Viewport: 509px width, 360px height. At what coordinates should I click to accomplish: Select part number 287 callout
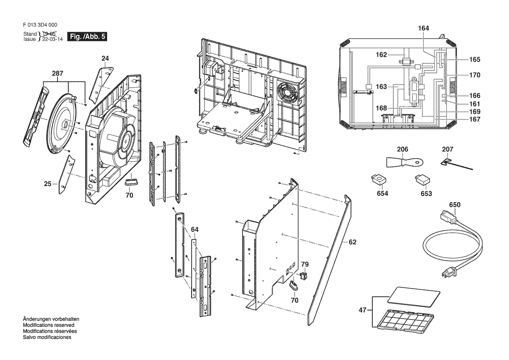coord(57,74)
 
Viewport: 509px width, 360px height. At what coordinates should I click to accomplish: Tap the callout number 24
coord(105,58)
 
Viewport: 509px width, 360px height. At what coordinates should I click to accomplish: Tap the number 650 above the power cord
coord(455,204)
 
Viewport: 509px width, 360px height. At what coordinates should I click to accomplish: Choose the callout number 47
coord(362,311)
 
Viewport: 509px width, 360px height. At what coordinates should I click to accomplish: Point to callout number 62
coord(352,242)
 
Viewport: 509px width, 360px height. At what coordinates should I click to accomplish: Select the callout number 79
coord(305,264)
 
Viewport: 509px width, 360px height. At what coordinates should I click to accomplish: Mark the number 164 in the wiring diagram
coord(424,28)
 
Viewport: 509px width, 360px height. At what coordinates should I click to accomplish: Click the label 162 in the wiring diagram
coord(381,55)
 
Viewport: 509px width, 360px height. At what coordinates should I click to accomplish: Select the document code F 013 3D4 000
coord(39,25)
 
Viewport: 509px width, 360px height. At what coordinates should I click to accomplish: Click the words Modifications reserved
coord(48,325)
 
